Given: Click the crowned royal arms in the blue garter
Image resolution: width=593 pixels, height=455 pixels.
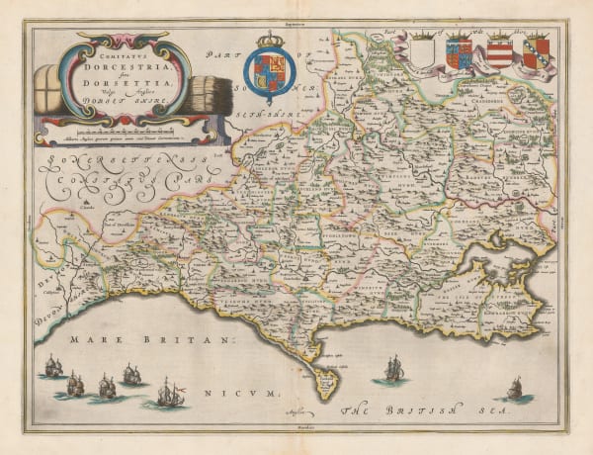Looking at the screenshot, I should tap(270, 75).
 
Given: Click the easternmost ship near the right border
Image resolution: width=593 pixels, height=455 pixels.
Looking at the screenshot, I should tap(514, 387).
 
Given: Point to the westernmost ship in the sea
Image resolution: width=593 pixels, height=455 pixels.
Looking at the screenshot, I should tap(52, 366).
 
